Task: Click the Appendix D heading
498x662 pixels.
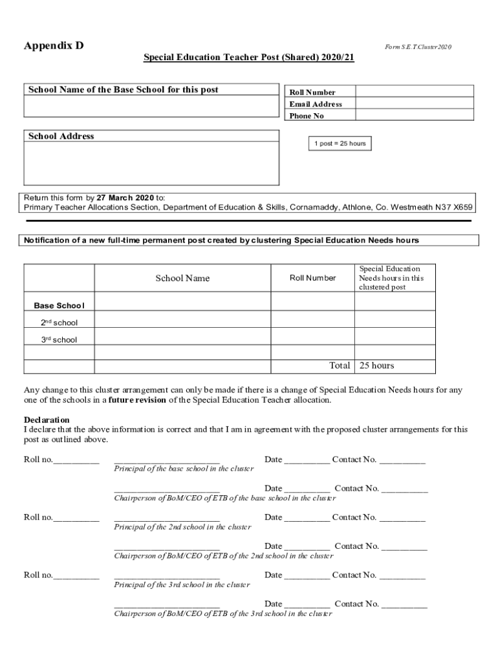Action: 54,46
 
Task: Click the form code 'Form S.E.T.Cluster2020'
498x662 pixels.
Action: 418,47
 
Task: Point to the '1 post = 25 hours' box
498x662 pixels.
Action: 341,144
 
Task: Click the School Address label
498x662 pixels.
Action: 61,136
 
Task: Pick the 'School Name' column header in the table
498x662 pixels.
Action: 182,278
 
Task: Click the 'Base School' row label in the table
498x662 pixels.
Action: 59,305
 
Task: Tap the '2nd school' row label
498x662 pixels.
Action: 59,322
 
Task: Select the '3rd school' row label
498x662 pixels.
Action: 59,339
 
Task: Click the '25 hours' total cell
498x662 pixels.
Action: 377,366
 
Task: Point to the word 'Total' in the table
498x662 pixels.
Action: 340,366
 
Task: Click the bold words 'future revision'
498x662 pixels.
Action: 137,400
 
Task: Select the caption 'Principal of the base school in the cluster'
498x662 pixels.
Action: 184,469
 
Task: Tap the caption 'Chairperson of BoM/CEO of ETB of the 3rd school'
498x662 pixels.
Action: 223,614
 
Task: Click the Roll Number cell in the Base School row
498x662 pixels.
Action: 312,302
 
